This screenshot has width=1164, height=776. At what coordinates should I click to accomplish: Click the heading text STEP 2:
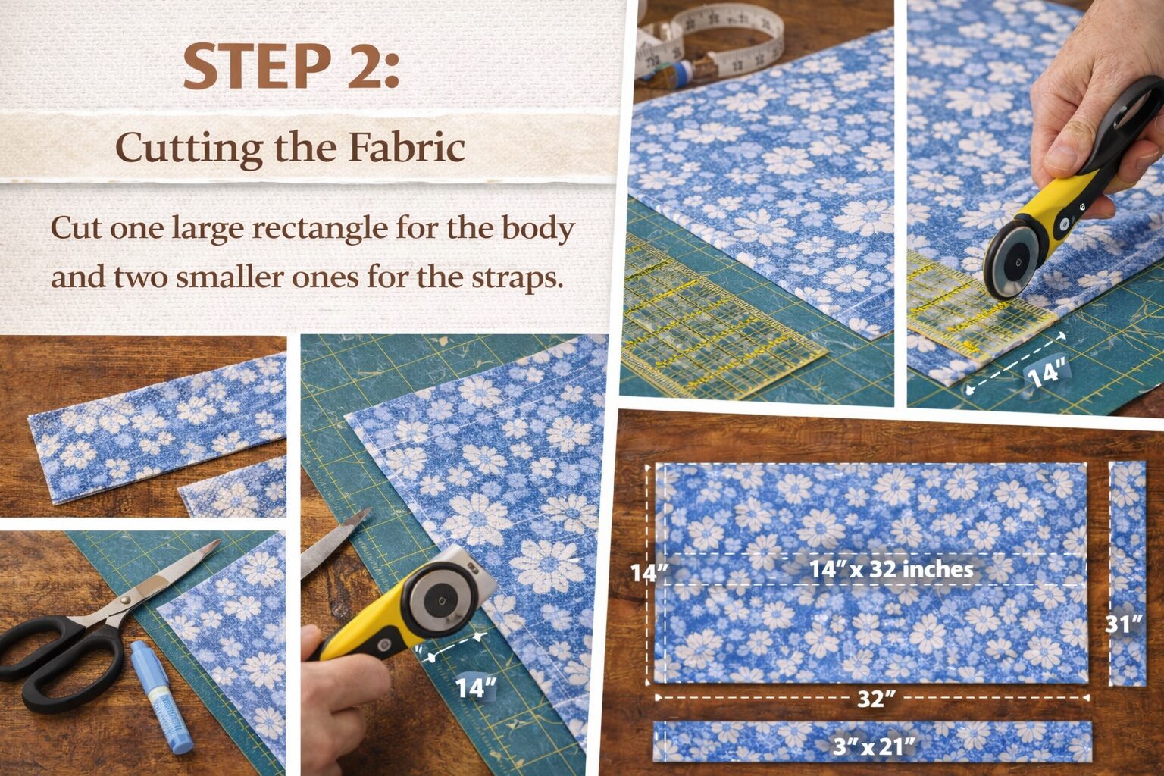click(x=291, y=67)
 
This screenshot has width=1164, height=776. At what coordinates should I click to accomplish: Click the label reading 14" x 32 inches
click(x=891, y=569)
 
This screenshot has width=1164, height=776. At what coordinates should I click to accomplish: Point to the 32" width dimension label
click(x=873, y=699)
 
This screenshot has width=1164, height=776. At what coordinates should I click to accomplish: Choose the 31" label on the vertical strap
click(x=1123, y=624)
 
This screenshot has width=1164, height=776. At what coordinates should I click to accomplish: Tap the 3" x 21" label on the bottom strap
click(x=873, y=746)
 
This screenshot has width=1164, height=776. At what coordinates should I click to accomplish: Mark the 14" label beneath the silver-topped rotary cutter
click(x=475, y=687)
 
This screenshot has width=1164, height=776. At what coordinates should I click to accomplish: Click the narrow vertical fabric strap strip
click(x=1128, y=572)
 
